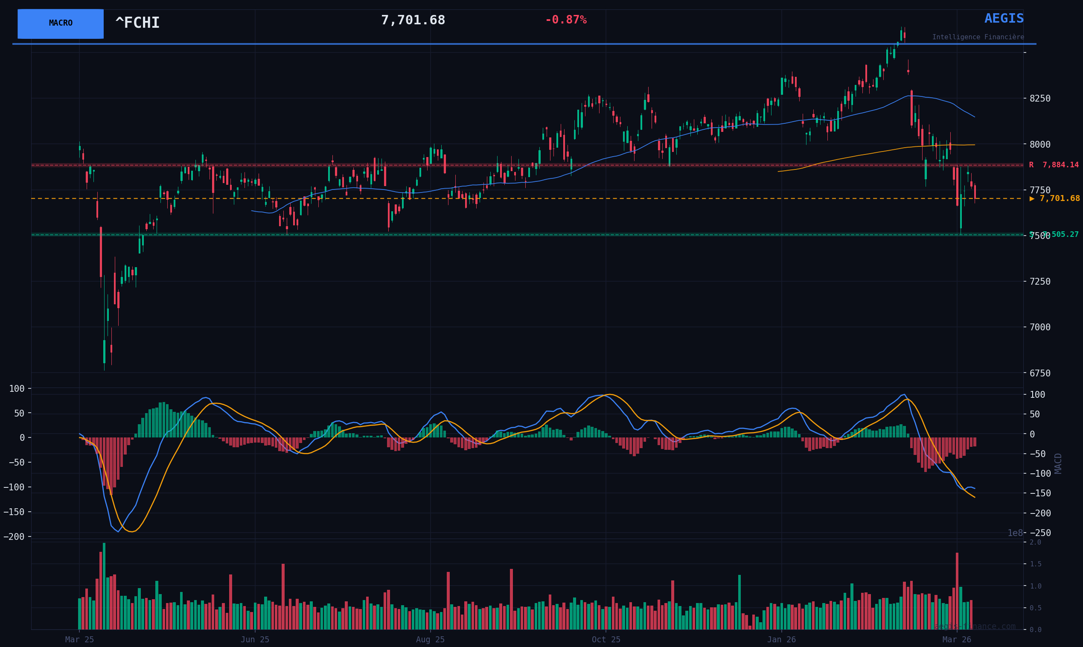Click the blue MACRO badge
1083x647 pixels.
pyautogui.click(x=61, y=23)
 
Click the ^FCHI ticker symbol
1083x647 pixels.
pyautogui.click(x=137, y=23)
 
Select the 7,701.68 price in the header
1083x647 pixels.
pyautogui.click(x=413, y=20)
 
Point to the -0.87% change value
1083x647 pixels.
pyautogui.click(x=565, y=20)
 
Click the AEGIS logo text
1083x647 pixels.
pyautogui.click(x=1004, y=19)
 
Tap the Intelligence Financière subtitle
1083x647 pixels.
pyautogui.click(x=978, y=37)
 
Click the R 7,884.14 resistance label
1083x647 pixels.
pyautogui.click(x=1054, y=165)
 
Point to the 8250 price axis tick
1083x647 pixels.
pyautogui.click(x=1040, y=99)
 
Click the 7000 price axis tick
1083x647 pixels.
pyautogui.click(x=1040, y=327)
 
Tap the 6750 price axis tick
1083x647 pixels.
pyautogui.click(x=1040, y=373)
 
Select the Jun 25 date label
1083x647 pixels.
pyautogui.click(x=255, y=640)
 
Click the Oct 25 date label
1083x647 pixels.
pyautogui.click(x=606, y=640)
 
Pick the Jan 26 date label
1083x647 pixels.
pyautogui.click(x=781, y=640)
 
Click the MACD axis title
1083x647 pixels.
pyautogui.click(x=1058, y=463)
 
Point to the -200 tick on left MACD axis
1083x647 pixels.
pyautogui.click(x=14, y=537)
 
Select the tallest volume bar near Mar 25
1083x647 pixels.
pyautogui.click(x=104, y=586)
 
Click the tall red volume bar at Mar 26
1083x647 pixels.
pyautogui.click(x=957, y=591)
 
